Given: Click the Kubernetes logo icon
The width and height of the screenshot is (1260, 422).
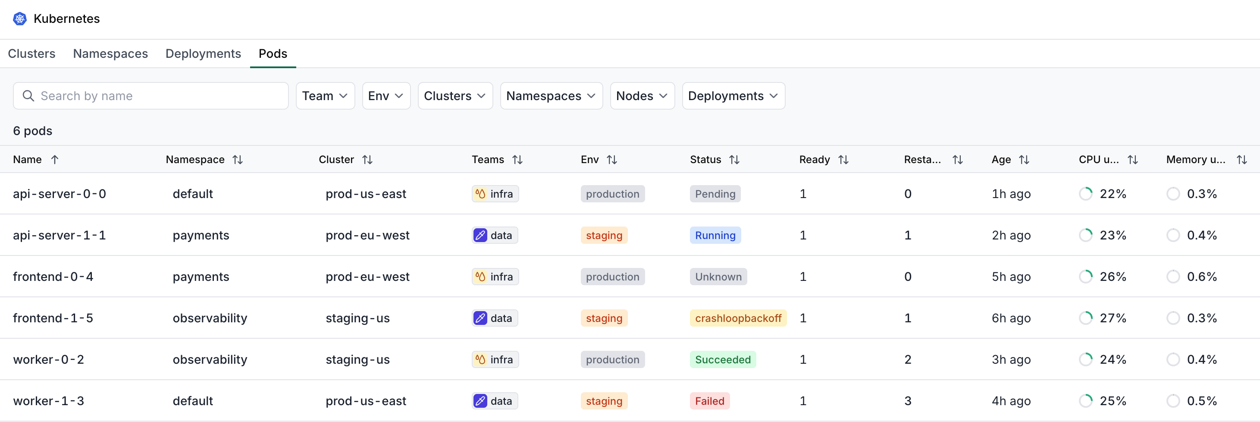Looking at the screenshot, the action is coord(19,19).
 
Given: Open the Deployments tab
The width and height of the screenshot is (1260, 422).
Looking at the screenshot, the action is coord(203,54).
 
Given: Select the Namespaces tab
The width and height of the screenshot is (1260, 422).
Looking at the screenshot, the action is coord(110,54).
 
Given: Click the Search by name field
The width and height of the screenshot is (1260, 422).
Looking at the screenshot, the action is coord(150,96).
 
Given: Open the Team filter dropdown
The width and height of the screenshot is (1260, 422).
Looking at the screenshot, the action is coord(325,96).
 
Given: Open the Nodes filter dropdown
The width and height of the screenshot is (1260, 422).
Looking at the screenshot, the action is coord(642,96).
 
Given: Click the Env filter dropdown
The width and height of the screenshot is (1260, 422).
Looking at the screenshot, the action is coord(386,96).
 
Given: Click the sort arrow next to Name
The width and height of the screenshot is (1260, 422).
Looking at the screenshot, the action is coord(55,160).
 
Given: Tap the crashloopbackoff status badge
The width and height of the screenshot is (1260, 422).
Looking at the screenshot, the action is coord(738,318).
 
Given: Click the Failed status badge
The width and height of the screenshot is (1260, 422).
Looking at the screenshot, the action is coord(710,401).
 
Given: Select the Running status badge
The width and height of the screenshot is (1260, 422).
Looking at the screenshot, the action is coord(715,236).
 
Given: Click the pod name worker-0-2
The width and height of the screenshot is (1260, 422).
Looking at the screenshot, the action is coord(48,359).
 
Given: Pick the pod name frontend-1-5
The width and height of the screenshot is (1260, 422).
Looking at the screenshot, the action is coord(53,318).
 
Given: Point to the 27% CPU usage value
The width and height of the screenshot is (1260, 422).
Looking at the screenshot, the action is coord(1113,318).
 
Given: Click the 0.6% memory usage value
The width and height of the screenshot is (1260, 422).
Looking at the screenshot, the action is coord(1202,277).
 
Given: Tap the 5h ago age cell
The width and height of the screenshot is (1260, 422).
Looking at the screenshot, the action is coord(1011,277).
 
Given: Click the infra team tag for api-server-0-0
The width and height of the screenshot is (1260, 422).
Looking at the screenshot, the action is coord(495,194).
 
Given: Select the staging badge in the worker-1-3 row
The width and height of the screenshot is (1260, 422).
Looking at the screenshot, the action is coord(604,401).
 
